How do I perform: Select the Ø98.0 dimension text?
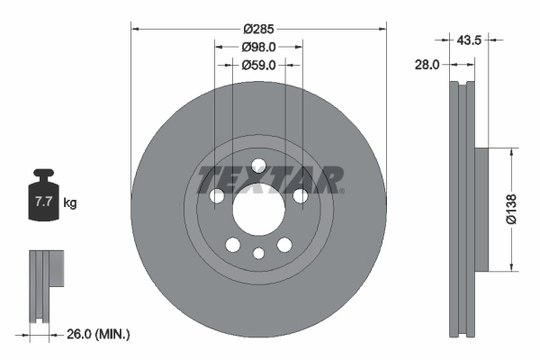[x=259, y=47]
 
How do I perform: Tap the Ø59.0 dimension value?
[x=259, y=65]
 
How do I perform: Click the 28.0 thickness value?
[x=427, y=65]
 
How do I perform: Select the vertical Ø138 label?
[x=509, y=208]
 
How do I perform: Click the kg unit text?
[x=69, y=202]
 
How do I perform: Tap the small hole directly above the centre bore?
[x=259, y=165]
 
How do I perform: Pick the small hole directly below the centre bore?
[x=259, y=253]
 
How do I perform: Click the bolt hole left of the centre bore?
[x=216, y=196]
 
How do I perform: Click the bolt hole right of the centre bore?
[x=301, y=196]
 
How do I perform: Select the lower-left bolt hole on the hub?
[x=233, y=245]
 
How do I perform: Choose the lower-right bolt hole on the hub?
[x=285, y=245]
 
